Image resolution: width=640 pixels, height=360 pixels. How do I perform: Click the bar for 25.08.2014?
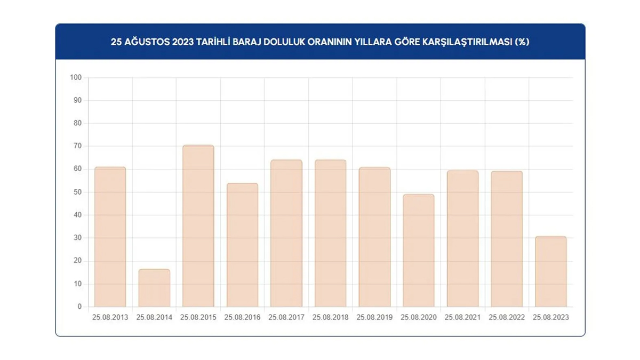pyautogui.click(x=154, y=288)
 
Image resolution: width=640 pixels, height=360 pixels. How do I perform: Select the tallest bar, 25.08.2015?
pyautogui.click(x=198, y=226)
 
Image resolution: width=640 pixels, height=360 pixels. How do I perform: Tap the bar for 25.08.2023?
pyautogui.click(x=551, y=271)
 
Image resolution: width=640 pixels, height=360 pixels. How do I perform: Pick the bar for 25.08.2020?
pyautogui.click(x=419, y=251)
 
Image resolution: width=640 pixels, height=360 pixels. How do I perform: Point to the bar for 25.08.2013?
pyautogui.click(x=110, y=237)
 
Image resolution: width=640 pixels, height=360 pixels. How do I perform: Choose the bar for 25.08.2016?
pyautogui.click(x=242, y=245)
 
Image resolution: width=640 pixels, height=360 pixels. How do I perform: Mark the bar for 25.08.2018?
pyautogui.click(x=330, y=234)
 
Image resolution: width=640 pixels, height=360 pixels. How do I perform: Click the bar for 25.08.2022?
pyautogui.click(x=507, y=239)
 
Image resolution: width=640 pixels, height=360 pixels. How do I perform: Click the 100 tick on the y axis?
pyautogui.click(x=75, y=78)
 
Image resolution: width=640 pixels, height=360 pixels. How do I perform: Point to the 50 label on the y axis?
pyautogui.click(x=77, y=192)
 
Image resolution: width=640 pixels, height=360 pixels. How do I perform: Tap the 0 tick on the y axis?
pyautogui.click(x=79, y=307)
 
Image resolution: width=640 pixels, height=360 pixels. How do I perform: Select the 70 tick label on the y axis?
pyautogui.click(x=77, y=146)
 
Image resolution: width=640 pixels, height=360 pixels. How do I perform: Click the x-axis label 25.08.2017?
pyautogui.click(x=286, y=317)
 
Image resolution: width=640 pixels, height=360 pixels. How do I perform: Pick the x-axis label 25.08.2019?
pyautogui.click(x=374, y=317)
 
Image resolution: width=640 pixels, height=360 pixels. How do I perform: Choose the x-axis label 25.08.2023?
pyautogui.click(x=551, y=317)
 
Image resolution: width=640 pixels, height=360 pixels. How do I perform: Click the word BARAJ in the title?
pyautogui.click(x=251, y=42)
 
